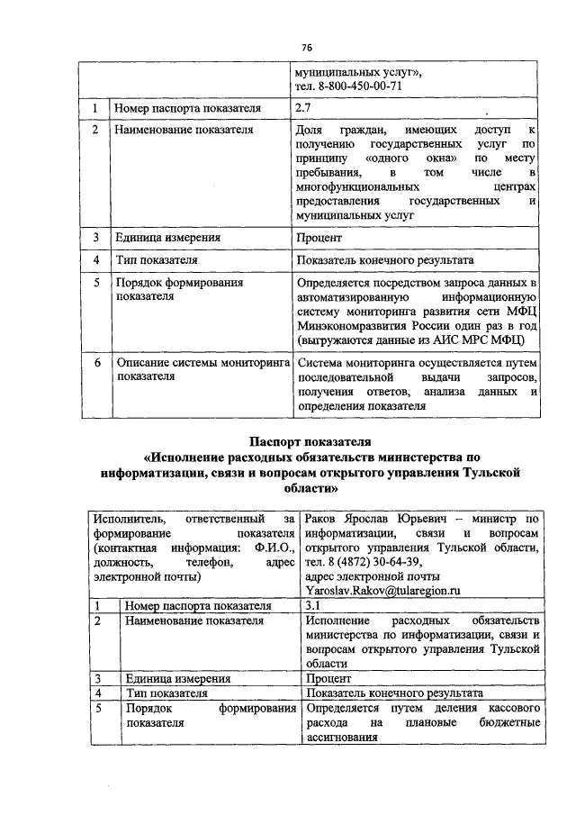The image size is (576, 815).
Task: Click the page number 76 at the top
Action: point(307,47)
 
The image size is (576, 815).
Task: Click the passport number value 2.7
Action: point(303,108)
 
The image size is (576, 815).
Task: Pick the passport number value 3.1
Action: point(314,605)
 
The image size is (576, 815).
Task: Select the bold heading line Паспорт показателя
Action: point(310,441)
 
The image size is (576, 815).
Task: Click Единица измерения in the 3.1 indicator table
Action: point(178,678)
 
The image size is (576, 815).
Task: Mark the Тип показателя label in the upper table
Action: point(156,260)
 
